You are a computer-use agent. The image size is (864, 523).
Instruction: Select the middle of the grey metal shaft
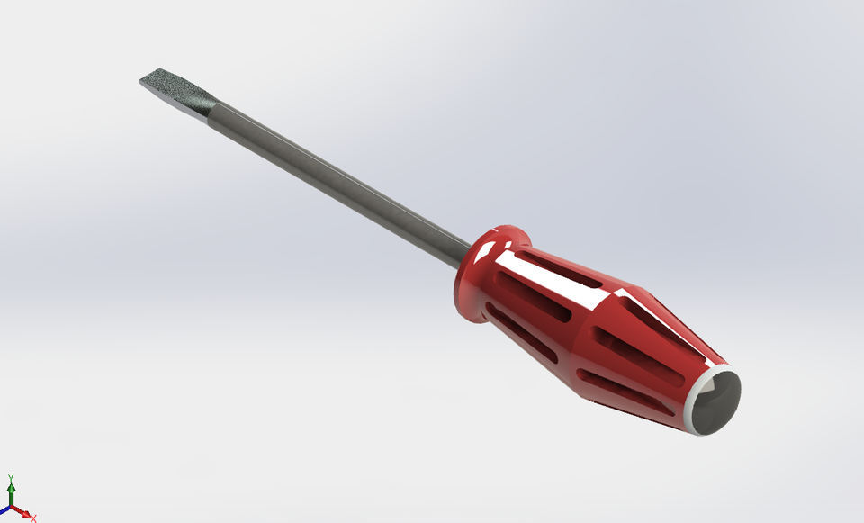(x=342, y=180)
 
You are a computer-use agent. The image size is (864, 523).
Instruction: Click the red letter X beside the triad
(x=33, y=518)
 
